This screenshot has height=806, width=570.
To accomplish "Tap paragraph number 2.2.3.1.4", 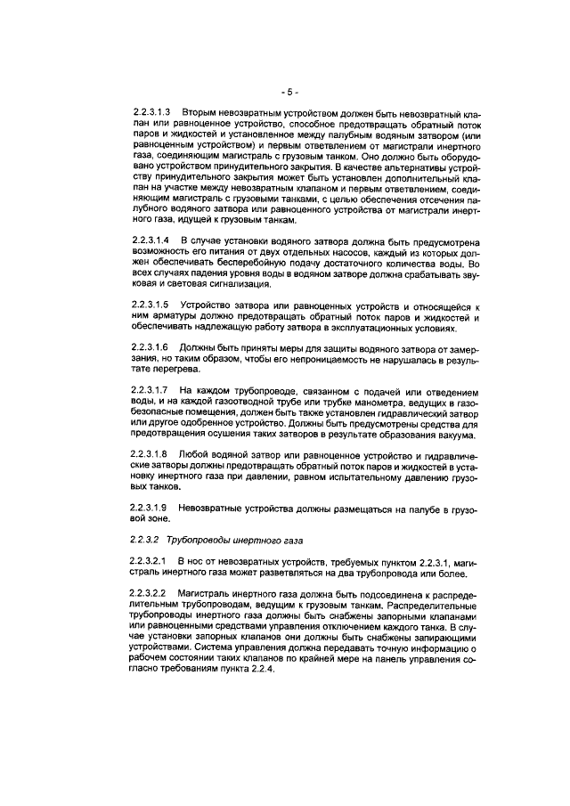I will (x=151, y=242).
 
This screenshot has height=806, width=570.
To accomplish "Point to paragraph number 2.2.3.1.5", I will (x=151, y=305).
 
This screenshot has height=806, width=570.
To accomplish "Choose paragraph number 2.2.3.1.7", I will (x=151, y=391).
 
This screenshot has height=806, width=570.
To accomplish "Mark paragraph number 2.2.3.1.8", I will (x=151, y=454).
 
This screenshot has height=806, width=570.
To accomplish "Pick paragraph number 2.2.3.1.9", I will (x=151, y=508).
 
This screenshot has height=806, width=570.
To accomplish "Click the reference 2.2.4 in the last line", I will (x=267, y=669).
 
